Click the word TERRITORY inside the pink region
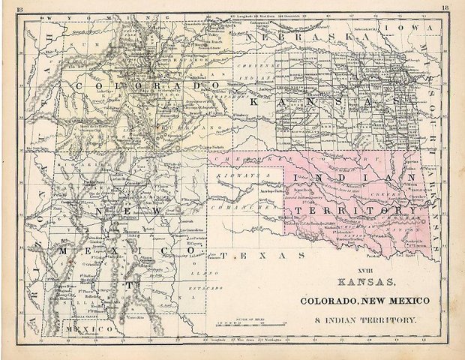coord(352,211)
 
